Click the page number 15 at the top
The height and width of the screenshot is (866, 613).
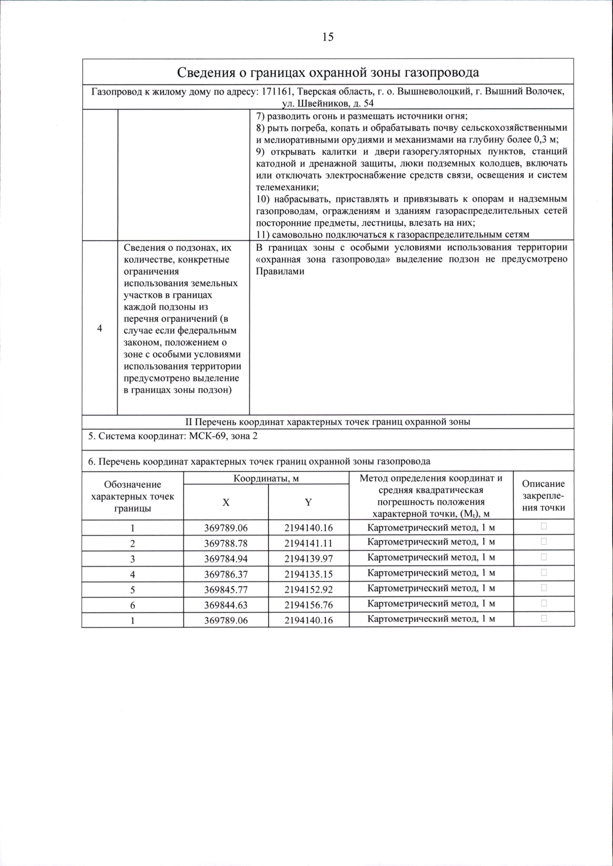click(x=327, y=37)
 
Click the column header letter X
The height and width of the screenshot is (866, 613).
click(x=225, y=502)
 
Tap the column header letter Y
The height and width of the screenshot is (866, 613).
click(x=308, y=502)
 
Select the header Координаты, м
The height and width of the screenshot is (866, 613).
click(x=266, y=478)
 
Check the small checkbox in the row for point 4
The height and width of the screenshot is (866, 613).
click(x=544, y=572)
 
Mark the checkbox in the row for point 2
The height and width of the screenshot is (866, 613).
click(x=544, y=541)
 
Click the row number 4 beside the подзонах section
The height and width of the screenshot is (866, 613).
click(x=100, y=329)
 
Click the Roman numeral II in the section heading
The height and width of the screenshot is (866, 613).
click(x=188, y=422)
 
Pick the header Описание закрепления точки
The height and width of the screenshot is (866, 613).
click(x=544, y=495)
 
